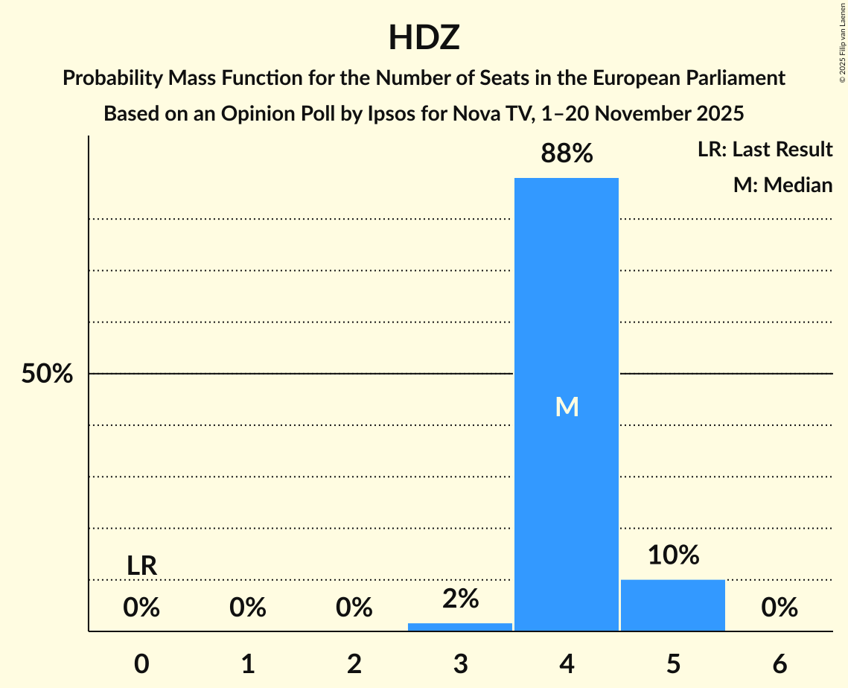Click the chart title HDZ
pyautogui.click(x=424, y=38)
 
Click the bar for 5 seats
pyautogui.click(x=673, y=605)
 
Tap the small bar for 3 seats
pyautogui.click(x=460, y=627)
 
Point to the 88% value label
pyautogui.click(x=567, y=154)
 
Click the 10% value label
pyautogui.click(x=673, y=555)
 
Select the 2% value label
pyautogui.click(x=460, y=599)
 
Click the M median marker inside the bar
pyautogui.click(x=567, y=407)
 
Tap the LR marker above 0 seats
pyautogui.click(x=141, y=566)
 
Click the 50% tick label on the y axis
pyautogui.click(x=47, y=374)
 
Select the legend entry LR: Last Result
pyautogui.click(x=765, y=150)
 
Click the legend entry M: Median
pyautogui.click(x=782, y=185)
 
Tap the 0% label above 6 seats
pyautogui.click(x=780, y=608)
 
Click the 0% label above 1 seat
pyautogui.click(x=248, y=608)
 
